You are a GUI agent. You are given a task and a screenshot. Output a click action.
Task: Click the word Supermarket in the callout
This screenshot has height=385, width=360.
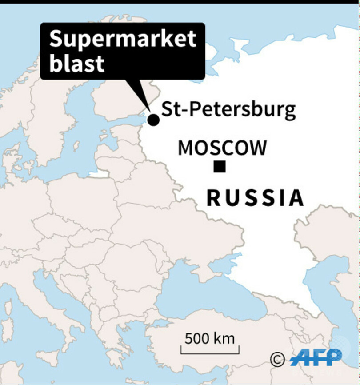click(x=122, y=40)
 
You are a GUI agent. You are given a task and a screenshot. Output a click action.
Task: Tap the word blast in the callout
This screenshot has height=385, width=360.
click(x=76, y=63)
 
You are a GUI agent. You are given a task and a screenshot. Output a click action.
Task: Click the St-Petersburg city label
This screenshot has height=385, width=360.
click(x=228, y=109)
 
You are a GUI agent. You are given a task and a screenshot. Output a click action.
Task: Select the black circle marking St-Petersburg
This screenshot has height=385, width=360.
click(x=153, y=120)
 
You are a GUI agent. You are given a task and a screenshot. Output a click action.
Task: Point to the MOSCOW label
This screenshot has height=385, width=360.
click(x=222, y=148)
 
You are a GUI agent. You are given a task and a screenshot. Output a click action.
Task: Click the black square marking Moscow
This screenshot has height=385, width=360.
click(x=220, y=166)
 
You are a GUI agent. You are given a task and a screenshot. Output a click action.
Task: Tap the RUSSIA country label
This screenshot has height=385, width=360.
click(x=256, y=198)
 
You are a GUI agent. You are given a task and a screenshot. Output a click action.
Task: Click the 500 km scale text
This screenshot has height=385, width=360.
click(x=209, y=339)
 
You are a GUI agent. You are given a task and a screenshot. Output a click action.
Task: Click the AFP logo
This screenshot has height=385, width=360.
click(x=316, y=357)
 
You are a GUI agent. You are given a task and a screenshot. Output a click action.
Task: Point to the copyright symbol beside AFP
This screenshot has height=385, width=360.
click(x=278, y=358)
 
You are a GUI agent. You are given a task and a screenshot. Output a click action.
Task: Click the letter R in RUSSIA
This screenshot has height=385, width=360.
click(x=214, y=198)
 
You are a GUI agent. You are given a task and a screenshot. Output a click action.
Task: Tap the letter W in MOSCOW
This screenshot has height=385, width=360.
click(x=258, y=148)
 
